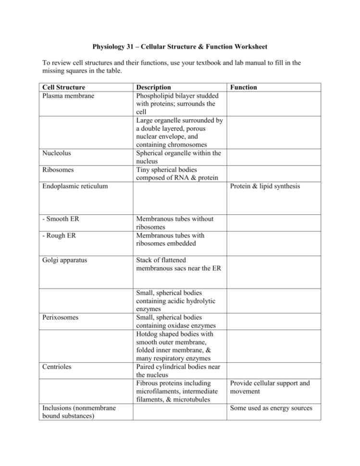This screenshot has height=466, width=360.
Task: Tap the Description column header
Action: pyautogui.click(x=153, y=87)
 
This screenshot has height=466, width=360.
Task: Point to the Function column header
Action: pyautogui.click(x=244, y=87)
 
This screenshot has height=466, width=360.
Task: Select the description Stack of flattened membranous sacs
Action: pyautogui.click(x=178, y=264)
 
